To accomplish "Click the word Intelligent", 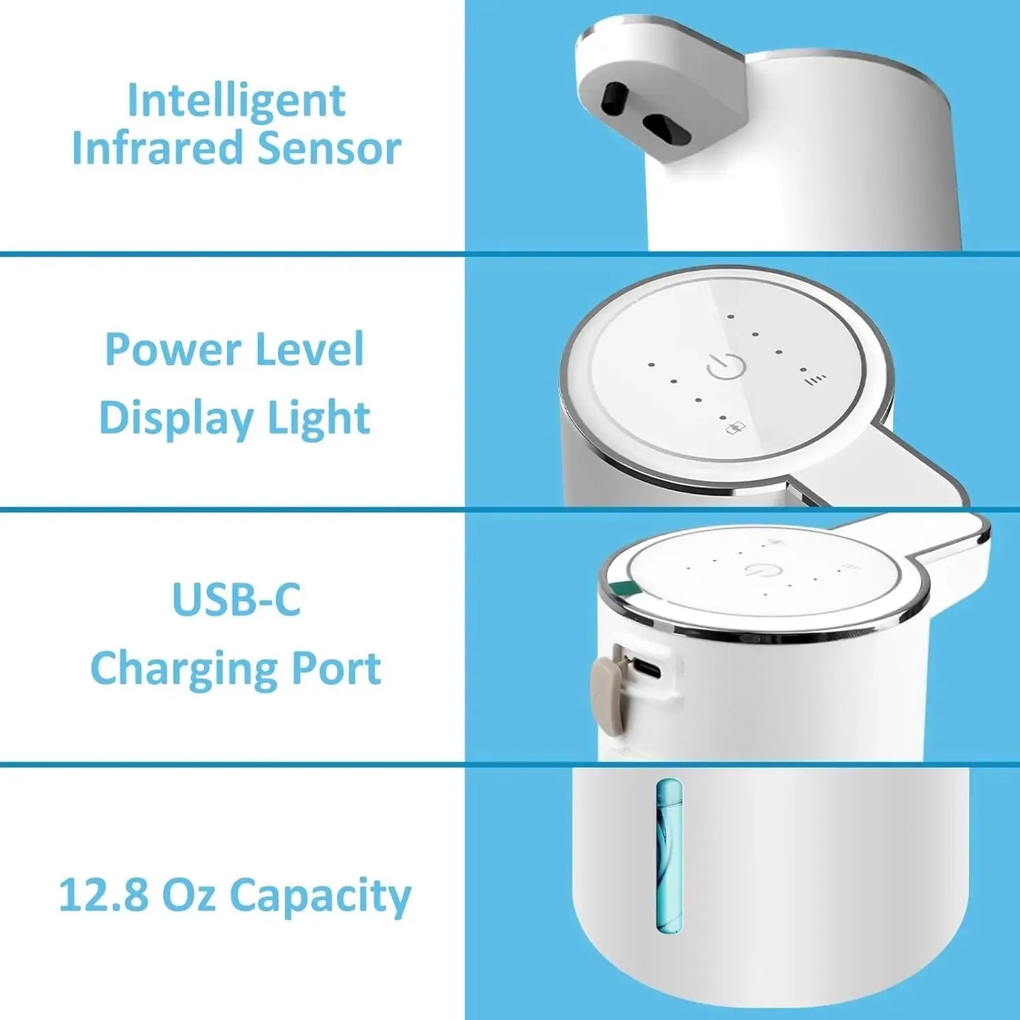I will click(x=236, y=101).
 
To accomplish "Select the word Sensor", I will click(x=329, y=149).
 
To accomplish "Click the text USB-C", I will click(x=236, y=600).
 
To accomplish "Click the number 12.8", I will click(x=103, y=895).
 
